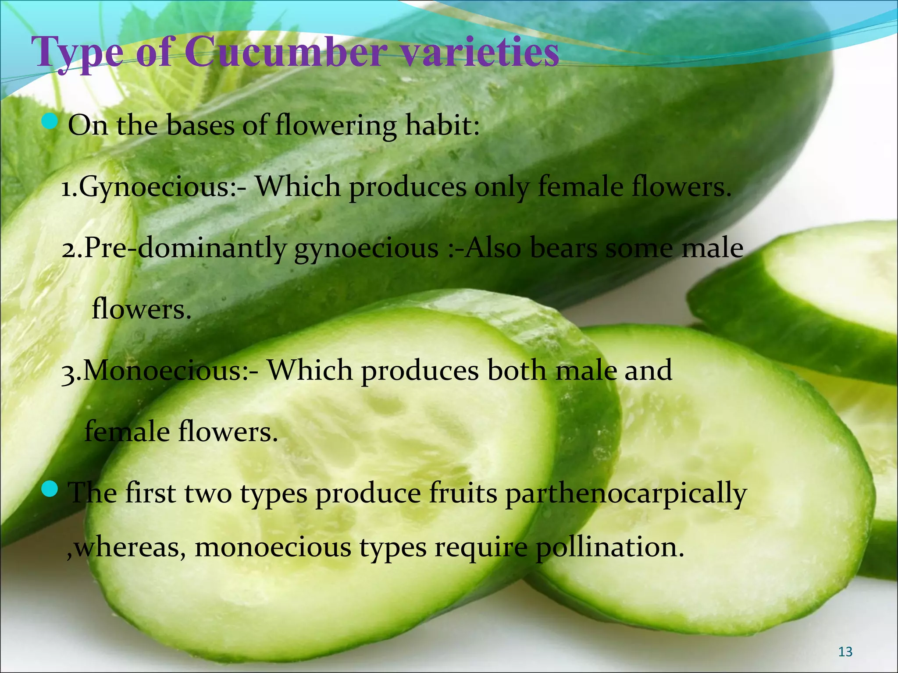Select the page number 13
point(845,652)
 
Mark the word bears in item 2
point(563,248)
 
